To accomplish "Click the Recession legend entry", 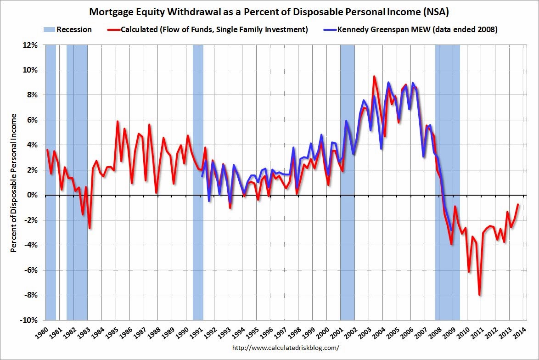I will (68, 30).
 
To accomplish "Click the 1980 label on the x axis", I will (42, 333).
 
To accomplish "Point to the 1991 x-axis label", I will (197, 333).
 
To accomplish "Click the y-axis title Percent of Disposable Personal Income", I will (14, 183).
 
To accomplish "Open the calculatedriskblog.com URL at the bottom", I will (286, 348).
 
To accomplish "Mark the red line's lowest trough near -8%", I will (479, 295).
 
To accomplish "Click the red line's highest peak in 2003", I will (374, 77).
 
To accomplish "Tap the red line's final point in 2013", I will (518, 204).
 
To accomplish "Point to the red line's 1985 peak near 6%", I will (118, 122).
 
